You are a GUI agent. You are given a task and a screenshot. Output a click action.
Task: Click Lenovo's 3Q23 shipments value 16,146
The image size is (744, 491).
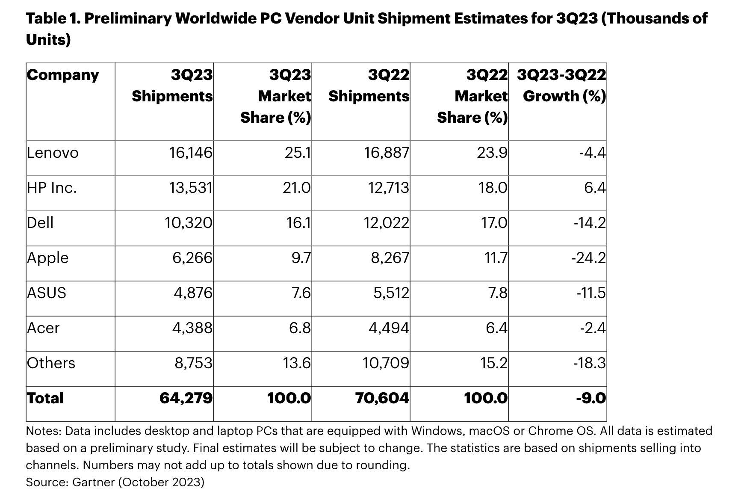(x=191, y=153)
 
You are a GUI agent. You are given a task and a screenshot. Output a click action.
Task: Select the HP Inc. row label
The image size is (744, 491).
(x=52, y=188)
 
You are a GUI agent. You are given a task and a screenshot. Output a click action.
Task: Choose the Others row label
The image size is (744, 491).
(x=51, y=363)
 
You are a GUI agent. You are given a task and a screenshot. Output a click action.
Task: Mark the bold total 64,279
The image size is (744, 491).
(x=186, y=398)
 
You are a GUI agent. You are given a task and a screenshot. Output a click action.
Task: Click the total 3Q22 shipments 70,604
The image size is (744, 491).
(x=382, y=398)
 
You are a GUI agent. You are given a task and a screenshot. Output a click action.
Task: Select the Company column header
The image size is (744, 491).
(x=63, y=75)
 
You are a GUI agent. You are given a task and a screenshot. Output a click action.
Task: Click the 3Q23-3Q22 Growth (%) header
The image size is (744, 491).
(x=561, y=86)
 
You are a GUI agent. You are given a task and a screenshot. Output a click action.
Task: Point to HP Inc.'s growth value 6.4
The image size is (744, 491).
(x=595, y=188)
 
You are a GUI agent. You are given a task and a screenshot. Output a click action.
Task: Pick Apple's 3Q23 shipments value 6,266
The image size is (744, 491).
(x=192, y=258)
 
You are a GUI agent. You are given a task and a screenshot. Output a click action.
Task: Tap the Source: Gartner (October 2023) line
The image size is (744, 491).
(x=115, y=482)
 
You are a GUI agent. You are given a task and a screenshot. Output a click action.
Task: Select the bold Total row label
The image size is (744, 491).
(x=45, y=398)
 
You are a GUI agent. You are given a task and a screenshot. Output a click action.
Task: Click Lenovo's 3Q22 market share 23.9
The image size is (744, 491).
(x=492, y=153)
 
